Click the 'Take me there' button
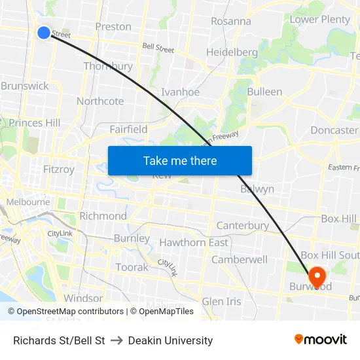pyautogui.click(x=180, y=160)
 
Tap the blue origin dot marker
pyautogui.click(x=43, y=32)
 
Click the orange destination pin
pyautogui.click(x=317, y=277)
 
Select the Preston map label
pyautogui.click(x=113, y=27)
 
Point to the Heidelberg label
pyautogui.click(x=232, y=52)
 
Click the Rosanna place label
pyautogui.click(x=230, y=21)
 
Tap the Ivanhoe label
pyautogui.click(x=180, y=92)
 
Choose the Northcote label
pyautogui.click(x=100, y=101)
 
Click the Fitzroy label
pyautogui.click(x=58, y=170)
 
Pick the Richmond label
pyautogui.click(x=103, y=216)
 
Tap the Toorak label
pyautogui.click(x=132, y=267)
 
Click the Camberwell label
pyautogui.click(x=240, y=259)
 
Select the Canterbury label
pyautogui.click(x=242, y=226)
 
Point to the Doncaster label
pyautogui.click(x=334, y=130)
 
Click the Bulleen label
pyautogui.click(x=264, y=92)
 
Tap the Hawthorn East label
pyautogui.click(x=194, y=242)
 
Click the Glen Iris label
pyautogui.click(x=221, y=301)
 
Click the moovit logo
pyautogui.click(x=321, y=340)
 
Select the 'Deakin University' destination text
pyautogui.click(x=170, y=340)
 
